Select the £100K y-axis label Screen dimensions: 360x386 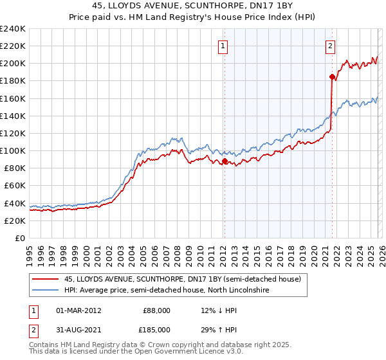point(13,150)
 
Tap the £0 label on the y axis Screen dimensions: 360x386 point(19,238)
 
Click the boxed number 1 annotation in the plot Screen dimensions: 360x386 point(223,46)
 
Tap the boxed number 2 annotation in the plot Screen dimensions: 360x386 point(330,46)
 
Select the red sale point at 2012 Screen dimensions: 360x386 point(225,161)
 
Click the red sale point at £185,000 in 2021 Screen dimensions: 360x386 point(332,76)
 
